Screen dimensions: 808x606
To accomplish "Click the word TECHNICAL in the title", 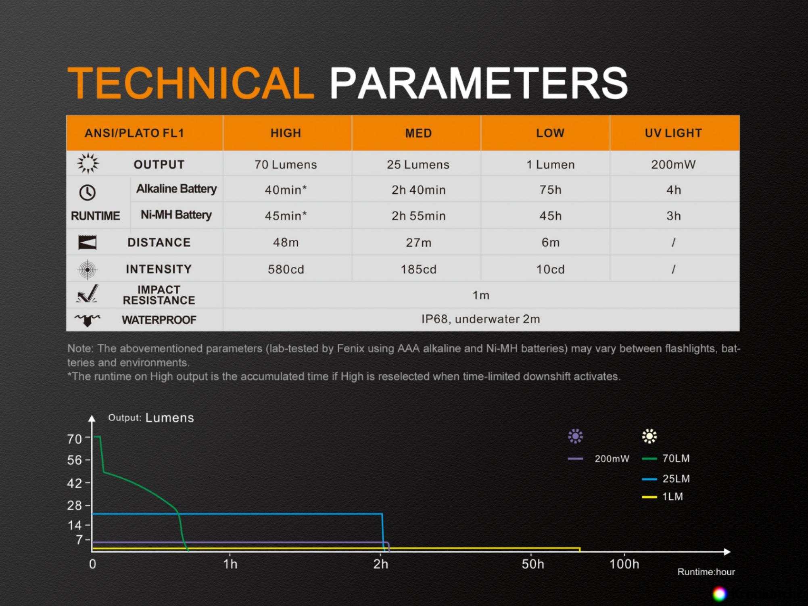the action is point(191,83).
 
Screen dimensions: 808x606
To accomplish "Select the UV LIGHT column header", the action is point(673,133).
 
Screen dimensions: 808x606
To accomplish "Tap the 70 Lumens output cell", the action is point(286,165).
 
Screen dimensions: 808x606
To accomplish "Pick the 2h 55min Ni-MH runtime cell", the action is point(418,216).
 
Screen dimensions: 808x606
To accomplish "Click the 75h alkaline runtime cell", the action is point(550,190).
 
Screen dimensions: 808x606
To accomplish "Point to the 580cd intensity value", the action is point(286,269).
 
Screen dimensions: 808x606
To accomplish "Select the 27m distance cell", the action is point(418,242).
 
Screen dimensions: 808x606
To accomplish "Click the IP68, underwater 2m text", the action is point(480,319).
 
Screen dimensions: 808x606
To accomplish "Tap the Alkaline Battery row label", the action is point(176,189).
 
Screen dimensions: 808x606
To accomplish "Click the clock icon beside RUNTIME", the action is point(87,192).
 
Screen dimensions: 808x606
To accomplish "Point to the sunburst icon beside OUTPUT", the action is point(88,163).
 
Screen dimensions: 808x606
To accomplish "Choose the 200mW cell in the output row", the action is point(673,165).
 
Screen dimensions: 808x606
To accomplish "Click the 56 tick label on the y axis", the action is point(75,460).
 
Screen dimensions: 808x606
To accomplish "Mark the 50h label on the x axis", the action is point(532,564).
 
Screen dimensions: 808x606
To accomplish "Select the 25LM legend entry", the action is point(666,479).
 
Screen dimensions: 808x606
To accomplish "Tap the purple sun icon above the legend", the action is point(575,436).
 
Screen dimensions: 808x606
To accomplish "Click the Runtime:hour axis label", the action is point(706,572).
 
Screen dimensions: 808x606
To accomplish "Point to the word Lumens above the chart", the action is point(169,418).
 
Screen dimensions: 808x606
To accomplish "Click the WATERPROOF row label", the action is point(159,320).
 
